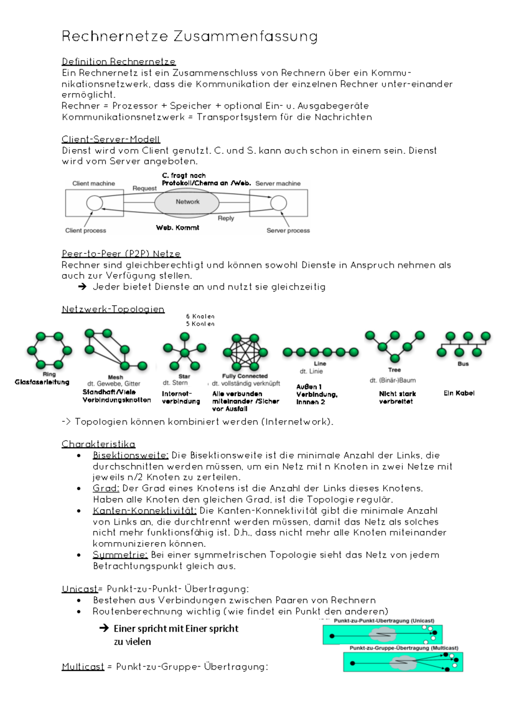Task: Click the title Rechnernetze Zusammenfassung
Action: [x=190, y=36]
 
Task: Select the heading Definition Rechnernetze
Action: [x=119, y=62]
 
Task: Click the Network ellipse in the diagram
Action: [x=187, y=202]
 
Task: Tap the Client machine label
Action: [x=93, y=183]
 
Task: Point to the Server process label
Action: [x=288, y=230]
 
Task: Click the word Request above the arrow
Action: [x=144, y=188]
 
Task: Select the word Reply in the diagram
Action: [x=226, y=218]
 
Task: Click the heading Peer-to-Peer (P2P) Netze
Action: [x=121, y=253]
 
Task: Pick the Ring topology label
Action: [x=49, y=374]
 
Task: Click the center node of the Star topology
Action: [x=185, y=353]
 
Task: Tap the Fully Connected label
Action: [x=245, y=376]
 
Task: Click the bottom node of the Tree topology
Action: [x=395, y=358]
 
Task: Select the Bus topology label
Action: [x=463, y=364]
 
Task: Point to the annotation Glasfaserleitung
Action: [x=42, y=382]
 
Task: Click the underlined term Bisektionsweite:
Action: [x=131, y=455]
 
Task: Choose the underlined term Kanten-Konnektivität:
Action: [x=144, y=510]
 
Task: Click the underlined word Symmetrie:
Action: [x=120, y=555]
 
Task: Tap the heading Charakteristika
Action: [x=98, y=444]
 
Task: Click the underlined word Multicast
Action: [x=83, y=667]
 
